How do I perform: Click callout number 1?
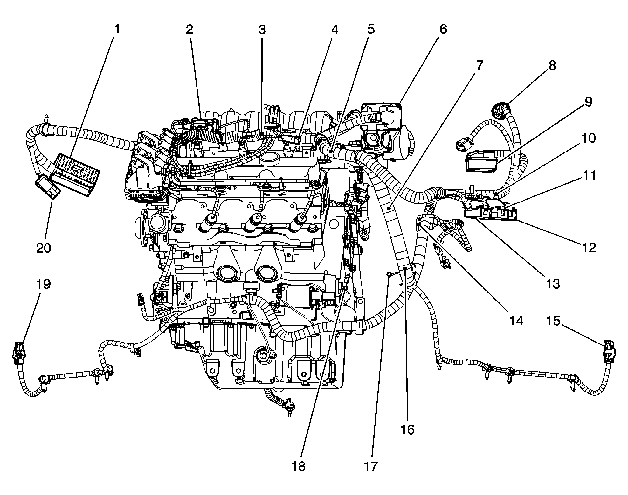tap(117, 30)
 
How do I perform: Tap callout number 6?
tap(443, 30)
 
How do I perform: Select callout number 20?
tap(44, 247)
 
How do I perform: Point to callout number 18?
tap(298, 466)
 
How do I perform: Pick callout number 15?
tap(553, 321)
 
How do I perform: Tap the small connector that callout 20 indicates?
tap(48, 188)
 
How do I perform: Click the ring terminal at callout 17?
tap(389, 274)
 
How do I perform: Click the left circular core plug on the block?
tap(227, 273)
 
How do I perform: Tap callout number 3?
tap(261, 30)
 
